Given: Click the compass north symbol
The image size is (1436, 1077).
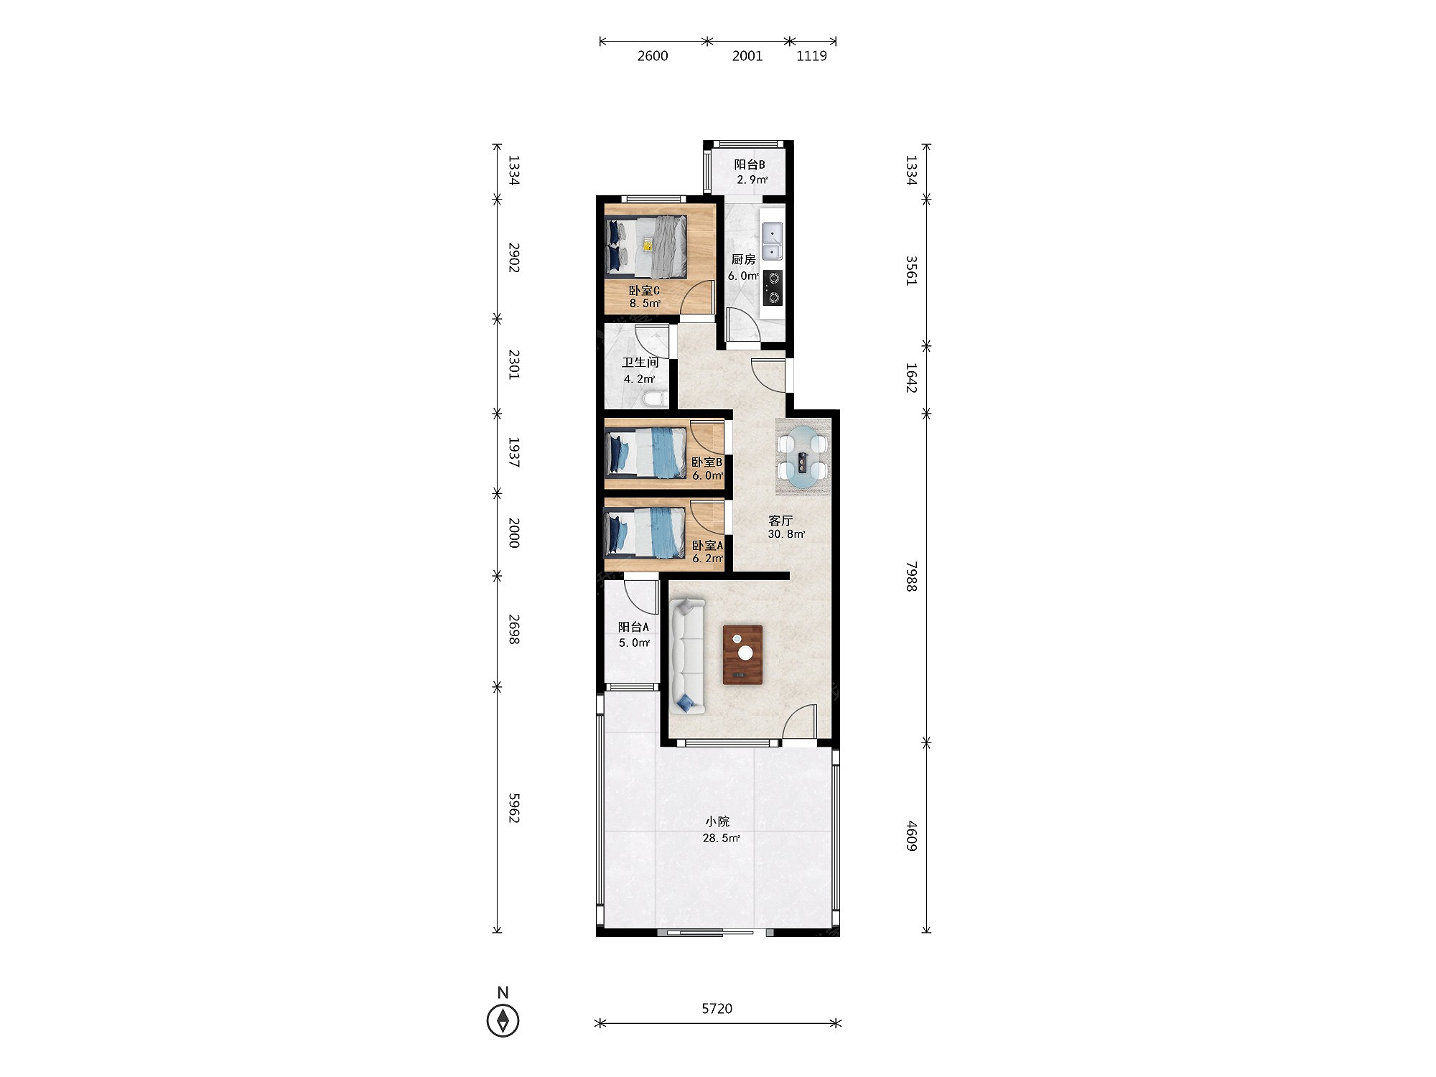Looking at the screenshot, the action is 503,1020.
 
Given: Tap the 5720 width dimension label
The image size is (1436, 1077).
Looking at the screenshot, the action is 717,1009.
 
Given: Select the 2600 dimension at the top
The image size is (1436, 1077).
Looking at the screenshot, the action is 653,56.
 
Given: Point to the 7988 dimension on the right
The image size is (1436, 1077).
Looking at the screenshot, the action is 911,577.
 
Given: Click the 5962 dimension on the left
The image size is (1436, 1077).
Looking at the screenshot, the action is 513,808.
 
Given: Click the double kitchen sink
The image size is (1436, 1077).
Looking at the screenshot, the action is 772,241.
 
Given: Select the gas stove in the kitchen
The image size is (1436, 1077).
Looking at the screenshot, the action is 773,287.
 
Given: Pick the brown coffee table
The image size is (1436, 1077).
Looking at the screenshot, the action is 742,655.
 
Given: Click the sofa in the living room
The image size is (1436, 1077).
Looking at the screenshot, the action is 688,656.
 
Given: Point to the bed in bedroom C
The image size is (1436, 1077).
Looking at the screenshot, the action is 646,247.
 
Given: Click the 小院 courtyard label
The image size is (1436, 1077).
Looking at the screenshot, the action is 717,821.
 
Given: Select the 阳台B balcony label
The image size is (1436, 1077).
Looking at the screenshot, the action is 750,164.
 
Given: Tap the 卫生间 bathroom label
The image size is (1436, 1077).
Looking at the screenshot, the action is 640,363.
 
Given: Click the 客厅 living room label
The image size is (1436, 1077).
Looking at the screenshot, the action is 780,521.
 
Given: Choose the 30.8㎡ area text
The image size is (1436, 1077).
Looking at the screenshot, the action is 786,534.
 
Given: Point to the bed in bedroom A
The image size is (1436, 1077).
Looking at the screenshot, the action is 645,532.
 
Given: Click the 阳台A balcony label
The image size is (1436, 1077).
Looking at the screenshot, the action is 633,627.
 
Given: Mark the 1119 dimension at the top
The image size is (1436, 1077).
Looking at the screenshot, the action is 811,56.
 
